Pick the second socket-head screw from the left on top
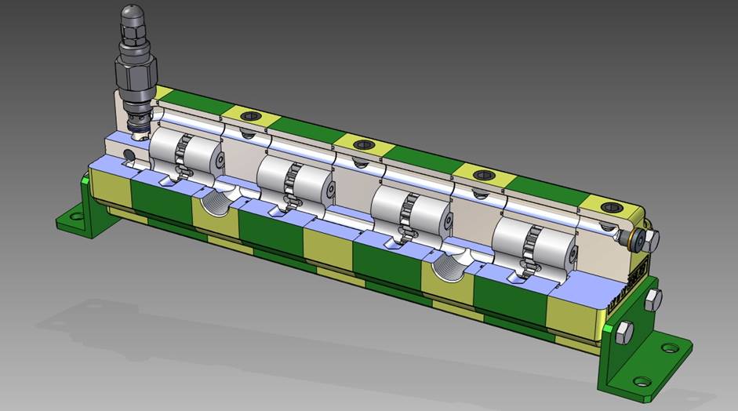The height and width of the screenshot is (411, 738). (363, 144)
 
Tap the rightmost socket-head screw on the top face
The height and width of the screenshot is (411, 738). (609, 207)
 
